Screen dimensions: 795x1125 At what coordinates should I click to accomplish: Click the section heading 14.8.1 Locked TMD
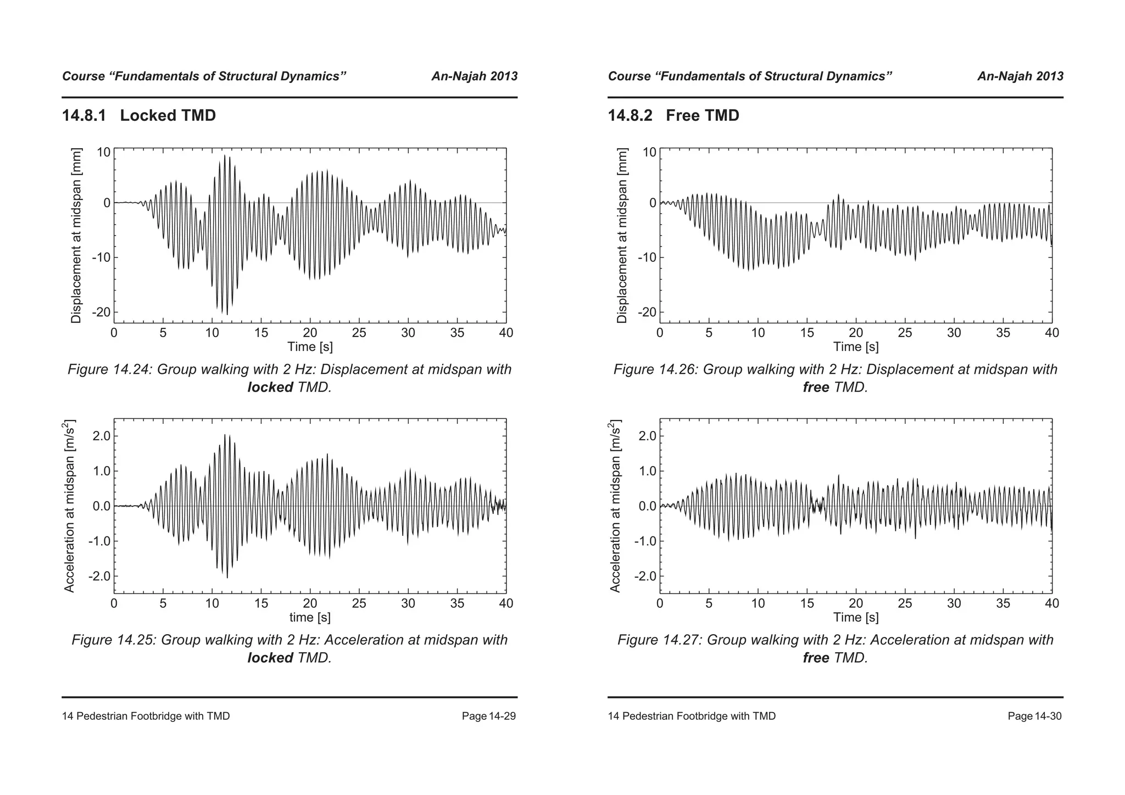tap(139, 116)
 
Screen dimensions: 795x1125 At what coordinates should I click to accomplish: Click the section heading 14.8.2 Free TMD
tap(673, 116)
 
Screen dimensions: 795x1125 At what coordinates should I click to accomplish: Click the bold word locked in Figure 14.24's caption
tap(270, 387)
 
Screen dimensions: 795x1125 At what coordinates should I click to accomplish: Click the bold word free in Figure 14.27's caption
tap(816, 657)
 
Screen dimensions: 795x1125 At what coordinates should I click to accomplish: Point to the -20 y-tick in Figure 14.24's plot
tap(101, 312)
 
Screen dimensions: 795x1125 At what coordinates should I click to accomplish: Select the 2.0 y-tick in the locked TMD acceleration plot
tap(101, 436)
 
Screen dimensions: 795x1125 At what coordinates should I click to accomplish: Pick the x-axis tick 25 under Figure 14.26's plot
tap(905, 333)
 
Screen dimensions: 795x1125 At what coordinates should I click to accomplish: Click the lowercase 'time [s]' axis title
tap(310, 617)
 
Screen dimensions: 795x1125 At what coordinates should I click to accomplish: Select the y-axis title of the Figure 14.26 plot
tap(622, 235)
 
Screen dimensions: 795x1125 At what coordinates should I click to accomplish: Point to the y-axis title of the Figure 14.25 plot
tap(69, 506)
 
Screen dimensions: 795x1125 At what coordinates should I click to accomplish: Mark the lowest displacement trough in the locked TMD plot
tap(227, 315)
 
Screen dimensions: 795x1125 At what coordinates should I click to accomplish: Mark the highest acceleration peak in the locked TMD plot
tap(225, 435)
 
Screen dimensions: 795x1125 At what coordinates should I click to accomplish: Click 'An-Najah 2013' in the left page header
tap(474, 76)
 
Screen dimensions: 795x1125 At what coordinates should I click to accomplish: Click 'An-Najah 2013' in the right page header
tap(1020, 76)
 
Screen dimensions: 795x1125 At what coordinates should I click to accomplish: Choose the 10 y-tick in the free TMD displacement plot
tap(649, 152)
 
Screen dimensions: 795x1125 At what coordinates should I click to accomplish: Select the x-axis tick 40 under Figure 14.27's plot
tap(1051, 603)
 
